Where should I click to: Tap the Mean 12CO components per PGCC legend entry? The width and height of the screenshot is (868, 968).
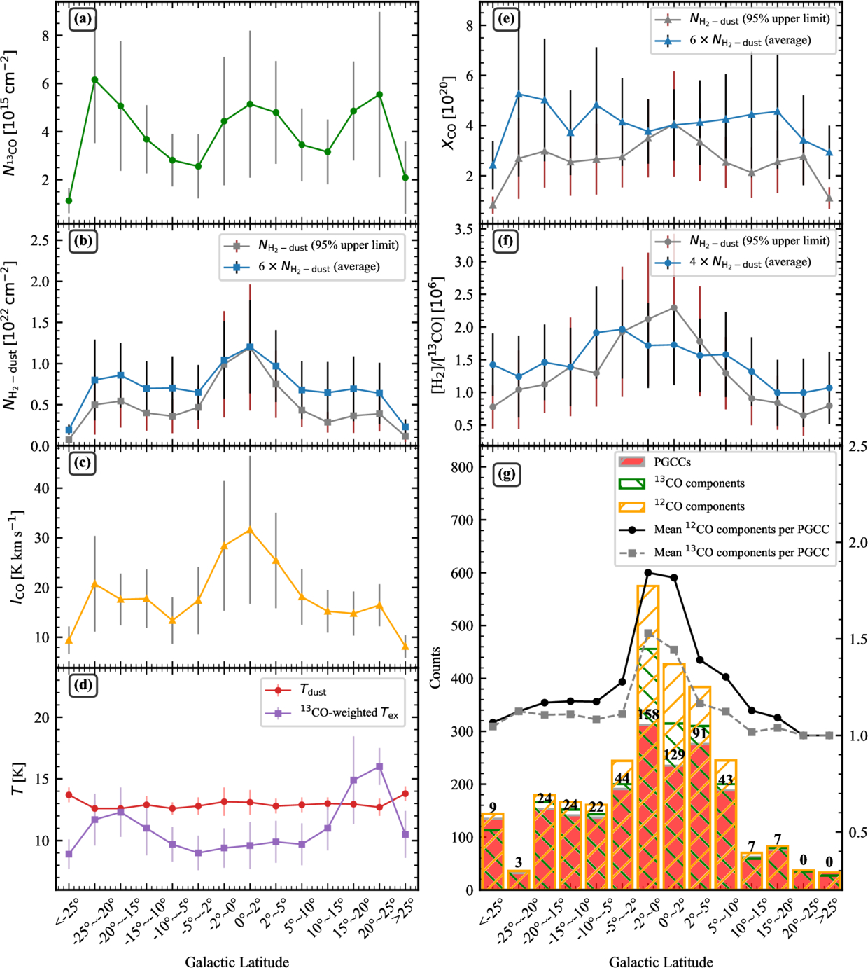pos(724,530)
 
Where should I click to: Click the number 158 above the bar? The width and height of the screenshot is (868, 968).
pos(648,714)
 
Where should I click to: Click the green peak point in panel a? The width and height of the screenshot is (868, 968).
pos(95,80)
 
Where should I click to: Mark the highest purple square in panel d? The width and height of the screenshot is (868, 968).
pos(379,766)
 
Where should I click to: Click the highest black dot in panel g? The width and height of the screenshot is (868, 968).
pos(648,572)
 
